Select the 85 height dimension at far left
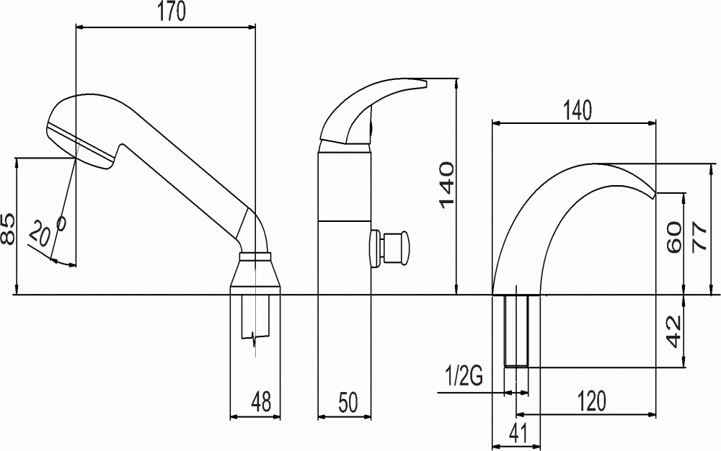pyautogui.click(x=8, y=228)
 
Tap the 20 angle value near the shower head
pyautogui.click(x=40, y=235)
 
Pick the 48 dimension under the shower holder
pyautogui.click(x=261, y=401)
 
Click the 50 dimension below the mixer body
pyautogui.click(x=348, y=402)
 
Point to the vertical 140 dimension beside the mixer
pyautogui.click(x=446, y=184)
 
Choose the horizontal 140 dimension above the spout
pyautogui.click(x=577, y=111)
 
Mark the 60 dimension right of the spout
pyautogui.click(x=674, y=236)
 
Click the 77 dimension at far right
pyautogui.click(x=699, y=236)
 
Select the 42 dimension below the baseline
pyautogui.click(x=674, y=331)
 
